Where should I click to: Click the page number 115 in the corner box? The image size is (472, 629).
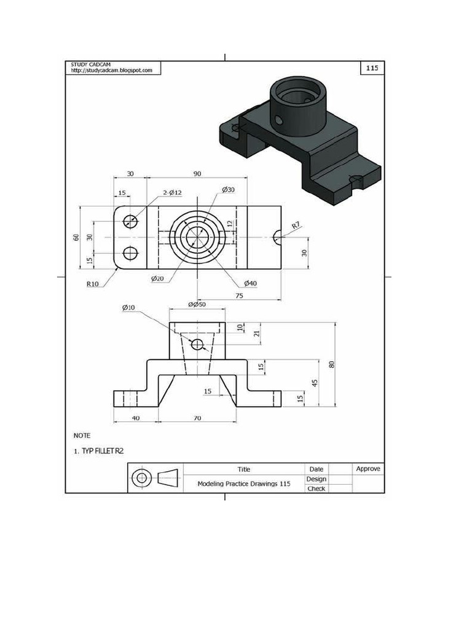[372, 68]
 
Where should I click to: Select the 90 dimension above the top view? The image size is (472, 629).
[197, 174]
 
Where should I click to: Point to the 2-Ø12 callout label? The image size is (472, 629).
[173, 193]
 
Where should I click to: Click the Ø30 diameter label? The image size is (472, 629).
[228, 189]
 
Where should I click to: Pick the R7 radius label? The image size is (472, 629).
[296, 225]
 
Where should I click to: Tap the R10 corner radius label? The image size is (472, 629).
[93, 284]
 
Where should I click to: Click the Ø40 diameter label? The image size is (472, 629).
[250, 283]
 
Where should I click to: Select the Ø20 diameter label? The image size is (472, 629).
[157, 279]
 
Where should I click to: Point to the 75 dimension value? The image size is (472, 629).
[239, 295]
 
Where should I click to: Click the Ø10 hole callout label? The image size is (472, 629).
[128, 307]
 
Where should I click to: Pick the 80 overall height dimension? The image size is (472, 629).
[332, 364]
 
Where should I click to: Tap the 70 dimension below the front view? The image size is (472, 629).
[197, 418]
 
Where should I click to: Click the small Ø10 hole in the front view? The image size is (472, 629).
[197, 345]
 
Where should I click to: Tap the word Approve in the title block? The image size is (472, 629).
[368, 469]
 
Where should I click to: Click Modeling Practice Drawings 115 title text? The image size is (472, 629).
[243, 483]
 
